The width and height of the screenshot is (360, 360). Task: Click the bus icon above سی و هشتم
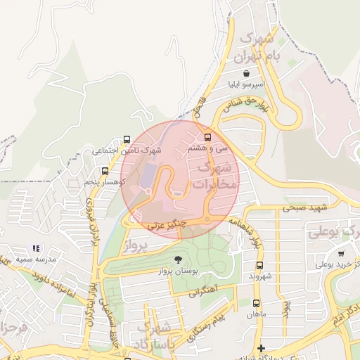pos(207,138)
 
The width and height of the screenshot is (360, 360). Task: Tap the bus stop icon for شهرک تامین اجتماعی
pos(127,139)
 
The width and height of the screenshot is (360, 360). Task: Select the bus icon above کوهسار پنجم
pos(105,171)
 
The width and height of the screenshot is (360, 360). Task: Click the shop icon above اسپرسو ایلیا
pos(246,73)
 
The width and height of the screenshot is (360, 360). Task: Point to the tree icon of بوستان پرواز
pos(176,259)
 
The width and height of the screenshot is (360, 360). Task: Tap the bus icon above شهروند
pos(259,266)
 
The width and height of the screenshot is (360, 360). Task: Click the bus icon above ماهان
pos(256,304)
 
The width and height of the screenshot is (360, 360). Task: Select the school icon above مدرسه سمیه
pos(36,249)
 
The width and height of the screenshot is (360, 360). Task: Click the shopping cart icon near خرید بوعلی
pos(341,253)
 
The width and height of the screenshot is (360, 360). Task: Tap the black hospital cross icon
pos(261,348)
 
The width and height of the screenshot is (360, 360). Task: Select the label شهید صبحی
pos(307,207)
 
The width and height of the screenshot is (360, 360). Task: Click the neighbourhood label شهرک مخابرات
pos(215,176)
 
